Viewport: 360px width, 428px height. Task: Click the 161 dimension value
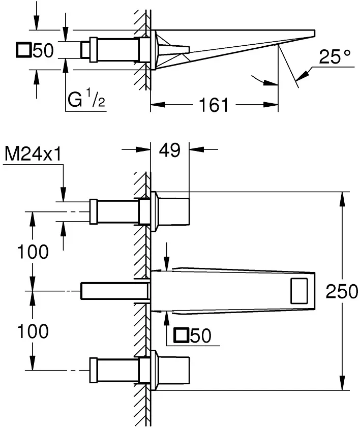pyautogui.click(x=213, y=105)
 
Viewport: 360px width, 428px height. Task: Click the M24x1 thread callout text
pyautogui.click(x=34, y=153)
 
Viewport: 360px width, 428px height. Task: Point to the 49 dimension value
pyautogui.click(x=170, y=150)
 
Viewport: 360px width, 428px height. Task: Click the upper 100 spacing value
pyautogui.click(x=33, y=251)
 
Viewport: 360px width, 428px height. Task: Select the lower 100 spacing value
pyautogui.click(x=33, y=331)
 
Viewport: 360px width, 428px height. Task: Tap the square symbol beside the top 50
pyautogui.click(x=24, y=50)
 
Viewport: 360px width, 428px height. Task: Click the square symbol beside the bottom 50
pyautogui.click(x=181, y=335)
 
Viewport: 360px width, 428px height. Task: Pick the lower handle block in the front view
pyautogui.click(x=173, y=370)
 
